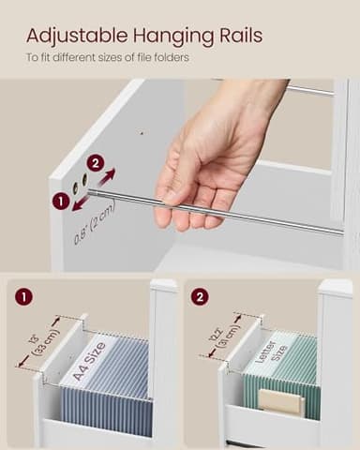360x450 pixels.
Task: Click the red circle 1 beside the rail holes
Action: [60, 201]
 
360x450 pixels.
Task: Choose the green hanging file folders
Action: [281, 380]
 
